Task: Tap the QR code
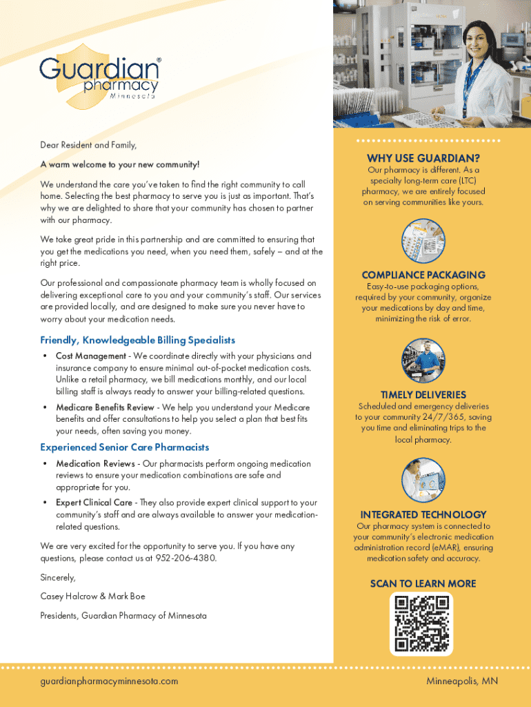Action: (x=422, y=624)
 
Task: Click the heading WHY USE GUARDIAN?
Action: (x=423, y=158)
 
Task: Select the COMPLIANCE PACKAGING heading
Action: (x=423, y=275)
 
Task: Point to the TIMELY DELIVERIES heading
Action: (x=423, y=395)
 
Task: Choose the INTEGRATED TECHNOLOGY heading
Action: (x=423, y=514)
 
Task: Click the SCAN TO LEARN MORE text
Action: (x=423, y=583)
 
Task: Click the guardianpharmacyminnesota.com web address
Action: (x=109, y=681)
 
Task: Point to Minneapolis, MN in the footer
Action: (x=462, y=681)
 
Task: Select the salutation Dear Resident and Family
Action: (x=88, y=145)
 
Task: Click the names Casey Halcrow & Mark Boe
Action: (x=93, y=596)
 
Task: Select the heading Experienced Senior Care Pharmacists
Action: (x=125, y=447)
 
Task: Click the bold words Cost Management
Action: (x=90, y=356)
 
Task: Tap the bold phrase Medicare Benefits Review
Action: (x=105, y=407)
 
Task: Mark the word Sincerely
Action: (x=58, y=577)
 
